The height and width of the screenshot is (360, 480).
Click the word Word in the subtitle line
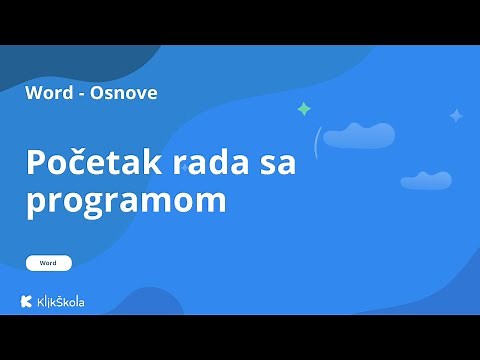[x=51, y=93]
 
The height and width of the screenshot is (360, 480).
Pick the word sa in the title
[x=275, y=163]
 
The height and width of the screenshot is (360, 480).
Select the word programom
[x=126, y=201]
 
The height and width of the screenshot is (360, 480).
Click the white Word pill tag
[x=49, y=263]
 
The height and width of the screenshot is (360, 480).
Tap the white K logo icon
[x=27, y=301]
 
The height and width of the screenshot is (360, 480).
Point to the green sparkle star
[x=303, y=109]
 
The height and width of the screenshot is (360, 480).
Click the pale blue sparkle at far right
[x=456, y=116]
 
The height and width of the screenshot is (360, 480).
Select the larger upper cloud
[x=358, y=135]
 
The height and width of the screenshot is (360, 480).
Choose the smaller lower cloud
[x=425, y=181]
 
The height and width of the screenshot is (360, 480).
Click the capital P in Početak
[x=37, y=163]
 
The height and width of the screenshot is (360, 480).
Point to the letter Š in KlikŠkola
[x=62, y=301]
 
